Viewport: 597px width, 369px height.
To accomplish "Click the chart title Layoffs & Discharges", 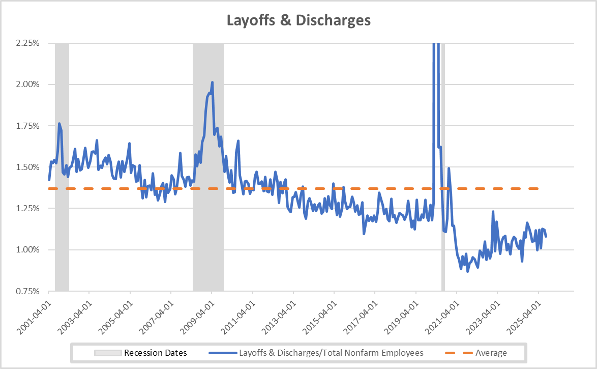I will (x=298, y=20).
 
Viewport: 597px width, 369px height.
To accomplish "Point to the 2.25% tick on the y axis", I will (x=27, y=43).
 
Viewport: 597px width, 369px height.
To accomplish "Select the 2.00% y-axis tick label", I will (x=27, y=84).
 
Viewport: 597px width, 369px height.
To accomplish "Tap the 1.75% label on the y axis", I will (x=27, y=126).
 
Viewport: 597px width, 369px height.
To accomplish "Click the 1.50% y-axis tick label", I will (x=27, y=167).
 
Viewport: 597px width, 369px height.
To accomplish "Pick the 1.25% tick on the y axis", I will (x=27, y=208).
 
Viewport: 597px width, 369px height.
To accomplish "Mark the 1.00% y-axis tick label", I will (x=27, y=250).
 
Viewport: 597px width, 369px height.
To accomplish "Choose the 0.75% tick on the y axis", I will (x=27, y=291).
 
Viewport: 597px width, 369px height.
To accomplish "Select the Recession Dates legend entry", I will (x=156, y=353).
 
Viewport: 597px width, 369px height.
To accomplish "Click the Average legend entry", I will (x=491, y=353).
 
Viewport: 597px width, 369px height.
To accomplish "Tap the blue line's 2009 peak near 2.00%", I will (x=212, y=82).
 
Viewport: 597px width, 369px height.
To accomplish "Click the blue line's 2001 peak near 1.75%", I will (x=59, y=124).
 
